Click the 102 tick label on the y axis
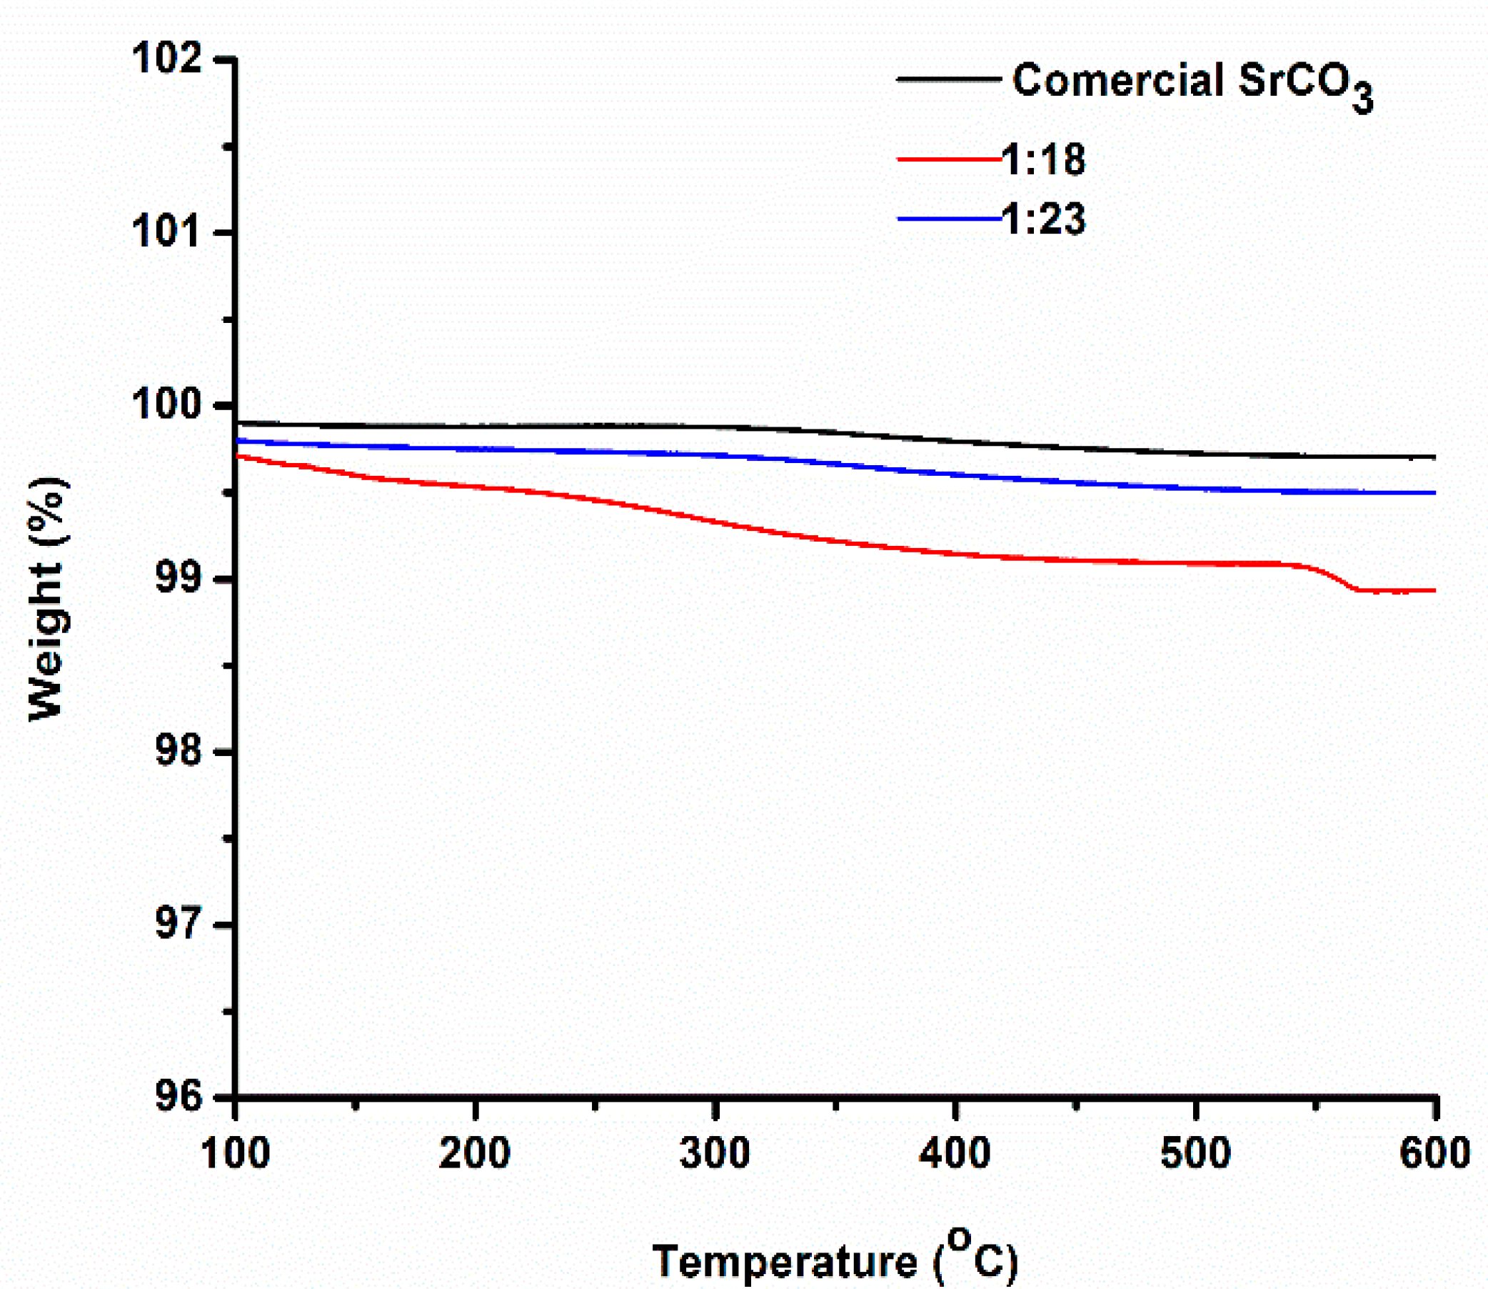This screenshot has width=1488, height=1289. (167, 59)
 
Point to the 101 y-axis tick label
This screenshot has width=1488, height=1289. (167, 232)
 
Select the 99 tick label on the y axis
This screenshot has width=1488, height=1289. (177, 579)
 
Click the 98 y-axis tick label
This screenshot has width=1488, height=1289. (177, 752)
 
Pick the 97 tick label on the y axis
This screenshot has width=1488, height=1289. (177, 925)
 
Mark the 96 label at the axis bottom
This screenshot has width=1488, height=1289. (177, 1098)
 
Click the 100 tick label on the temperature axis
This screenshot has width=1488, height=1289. (236, 1153)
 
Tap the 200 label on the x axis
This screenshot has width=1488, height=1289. (475, 1153)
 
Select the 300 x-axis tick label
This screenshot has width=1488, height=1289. (715, 1153)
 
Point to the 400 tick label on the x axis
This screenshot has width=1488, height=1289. (955, 1153)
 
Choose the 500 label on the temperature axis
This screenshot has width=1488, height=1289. (1195, 1153)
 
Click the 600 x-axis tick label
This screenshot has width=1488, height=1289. (1434, 1153)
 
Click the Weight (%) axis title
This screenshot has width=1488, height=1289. (49, 599)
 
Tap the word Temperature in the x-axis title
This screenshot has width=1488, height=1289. (785, 1261)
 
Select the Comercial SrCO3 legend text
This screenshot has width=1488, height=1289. (1192, 83)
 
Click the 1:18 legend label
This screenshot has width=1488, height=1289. (1044, 159)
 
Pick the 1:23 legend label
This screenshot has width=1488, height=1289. (1044, 219)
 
